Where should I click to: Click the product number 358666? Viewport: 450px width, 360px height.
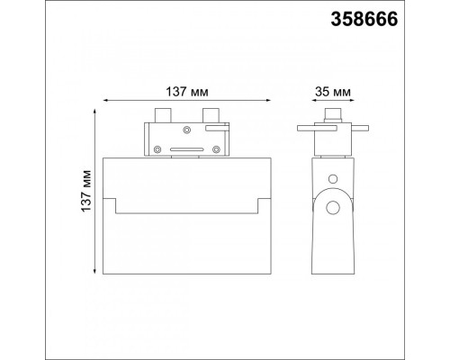(x=364, y=19)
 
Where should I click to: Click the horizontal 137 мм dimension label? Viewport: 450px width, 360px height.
(x=187, y=92)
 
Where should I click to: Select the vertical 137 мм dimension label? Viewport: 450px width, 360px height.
(x=86, y=191)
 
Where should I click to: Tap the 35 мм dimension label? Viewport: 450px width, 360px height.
(x=332, y=92)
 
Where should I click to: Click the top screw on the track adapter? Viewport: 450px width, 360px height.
(x=187, y=130)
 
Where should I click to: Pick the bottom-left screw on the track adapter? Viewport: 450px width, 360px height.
(x=157, y=149)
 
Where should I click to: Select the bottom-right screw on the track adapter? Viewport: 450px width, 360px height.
(x=216, y=149)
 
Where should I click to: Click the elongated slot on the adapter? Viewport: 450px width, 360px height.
(x=187, y=149)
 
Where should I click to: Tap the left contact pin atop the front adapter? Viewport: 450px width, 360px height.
(x=163, y=115)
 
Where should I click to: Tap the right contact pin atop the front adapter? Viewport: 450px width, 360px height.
(x=211, y=115)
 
